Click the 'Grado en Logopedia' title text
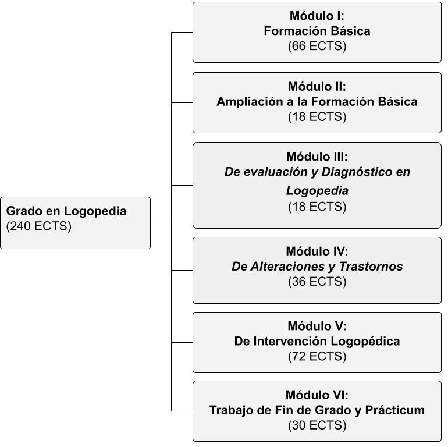tap(66, 211)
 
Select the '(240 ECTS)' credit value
tap(38, 226)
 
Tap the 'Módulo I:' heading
tap(317, 16)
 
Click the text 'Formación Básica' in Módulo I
tap(317, 31)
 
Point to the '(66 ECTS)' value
tap(317, 47)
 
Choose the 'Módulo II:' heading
tap(317, 87)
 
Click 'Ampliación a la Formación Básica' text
tap(317, 102)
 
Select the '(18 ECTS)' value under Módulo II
tap(317, 117)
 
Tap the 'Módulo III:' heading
tap(317, 157)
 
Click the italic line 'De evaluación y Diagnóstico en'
tap(317, 172)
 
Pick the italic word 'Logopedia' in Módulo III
tap(317, 191)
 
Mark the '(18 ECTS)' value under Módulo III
tap(317, 207)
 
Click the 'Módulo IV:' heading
tap(317, 251)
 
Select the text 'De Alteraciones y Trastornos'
tap(317, 267)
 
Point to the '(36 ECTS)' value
tap(317, 282)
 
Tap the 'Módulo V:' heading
tap(317, 326)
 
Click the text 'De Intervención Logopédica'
tap(317, 341)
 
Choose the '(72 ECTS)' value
tap(317, 356)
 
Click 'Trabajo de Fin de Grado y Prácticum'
tap(317, 410)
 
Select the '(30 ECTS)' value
tap(317, 425)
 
